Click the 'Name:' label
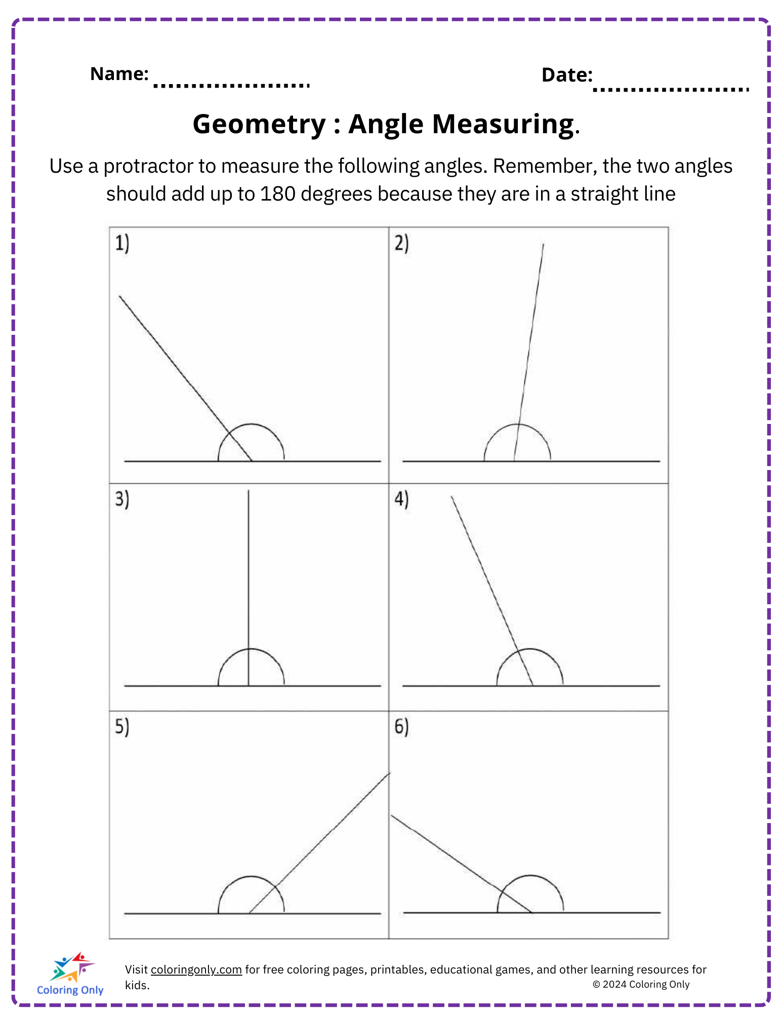point(119,74)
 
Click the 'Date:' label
point(566,75)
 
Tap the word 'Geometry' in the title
point(259,124)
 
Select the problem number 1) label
point(122,243)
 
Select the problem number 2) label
point(401,243)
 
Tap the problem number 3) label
point(122,499)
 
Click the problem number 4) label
point(401,499)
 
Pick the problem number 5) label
point(122,726)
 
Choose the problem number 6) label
point(401,726)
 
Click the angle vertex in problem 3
point(249,686)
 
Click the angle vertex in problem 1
point(252,461)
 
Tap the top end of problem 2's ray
point(544,245)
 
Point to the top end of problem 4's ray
point(451,497)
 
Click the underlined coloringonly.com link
point(196,969)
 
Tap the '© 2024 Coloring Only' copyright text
point(641,984)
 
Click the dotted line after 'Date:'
point(670,90)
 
